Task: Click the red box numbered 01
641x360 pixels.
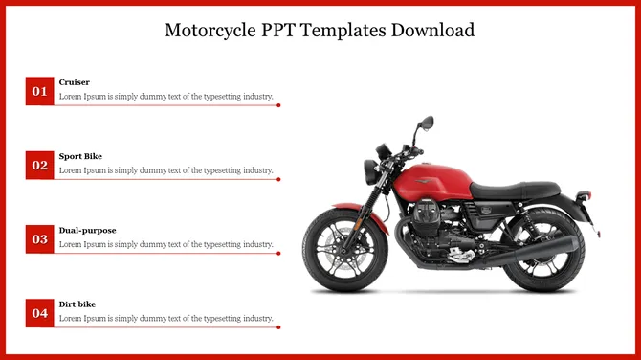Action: click(x=39, y=91)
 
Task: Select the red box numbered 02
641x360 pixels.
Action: click(x=39, y=165)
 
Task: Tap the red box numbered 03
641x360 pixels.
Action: click(x=39, y=238)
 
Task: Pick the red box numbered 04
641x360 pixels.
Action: click(x=39, y=312)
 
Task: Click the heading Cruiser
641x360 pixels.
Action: click(x=75, y=82)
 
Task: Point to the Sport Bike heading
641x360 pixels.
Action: click(x=80, y=156)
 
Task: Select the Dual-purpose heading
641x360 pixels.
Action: click(x=87, y=230)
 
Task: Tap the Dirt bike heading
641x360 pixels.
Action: click(x=77, y=304)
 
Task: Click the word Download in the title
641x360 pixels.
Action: click(x=431, y=30)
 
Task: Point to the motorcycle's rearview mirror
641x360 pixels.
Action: click(x=426, y=123)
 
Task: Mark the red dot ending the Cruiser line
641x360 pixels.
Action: click(x=278, y=105)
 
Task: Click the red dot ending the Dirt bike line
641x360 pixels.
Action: click(x=278, y=326)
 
